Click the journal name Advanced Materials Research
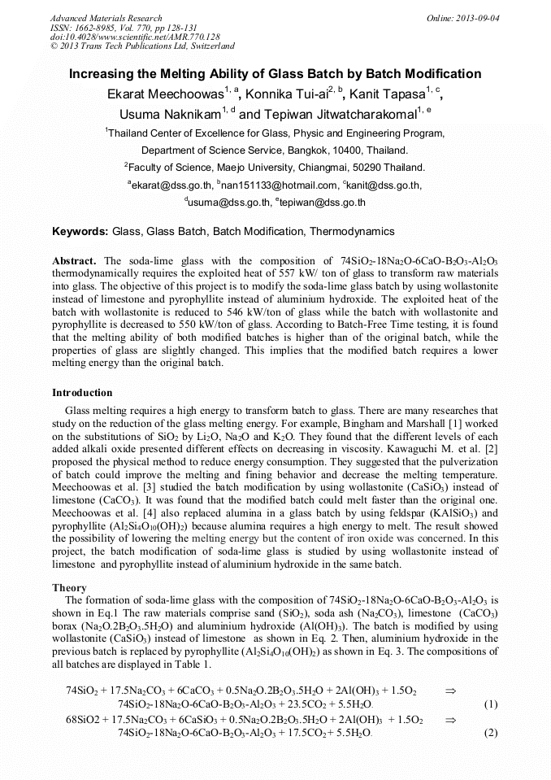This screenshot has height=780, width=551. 106,18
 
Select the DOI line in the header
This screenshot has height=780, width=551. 135,37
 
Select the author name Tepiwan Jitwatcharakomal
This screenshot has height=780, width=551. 339,114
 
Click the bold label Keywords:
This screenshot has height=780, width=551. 80,232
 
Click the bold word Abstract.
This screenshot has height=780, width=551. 75,260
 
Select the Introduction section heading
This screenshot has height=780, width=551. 82,393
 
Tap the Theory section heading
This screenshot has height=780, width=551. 69,587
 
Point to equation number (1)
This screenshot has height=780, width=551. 489,704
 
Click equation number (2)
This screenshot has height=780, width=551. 489,733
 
